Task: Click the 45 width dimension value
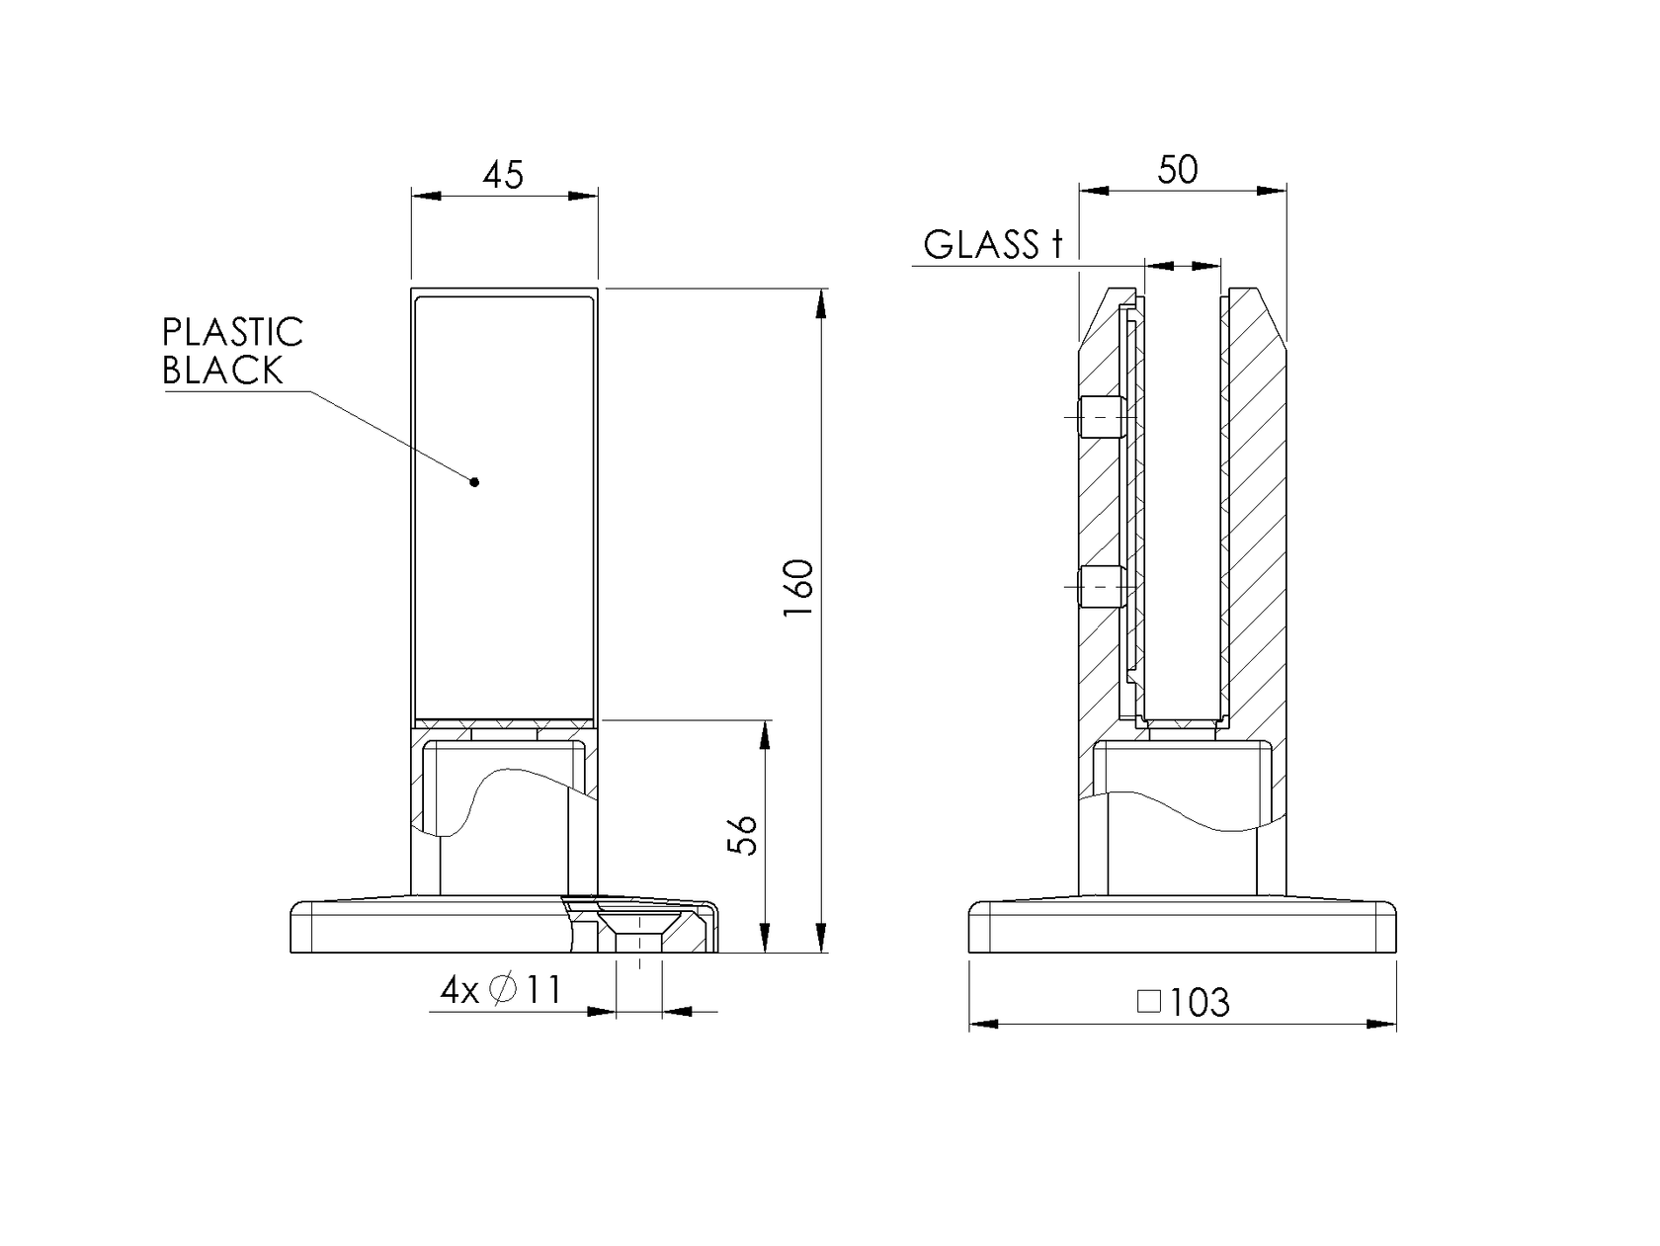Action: coord(503,175)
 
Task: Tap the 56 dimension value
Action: coord(742,835)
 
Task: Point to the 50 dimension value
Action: coord(1178,170)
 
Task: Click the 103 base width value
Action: coord(1200,1003)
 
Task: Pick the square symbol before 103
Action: coord(1148,1002)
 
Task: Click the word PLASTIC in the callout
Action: coord(232,333)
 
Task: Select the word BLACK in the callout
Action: coord(222,372)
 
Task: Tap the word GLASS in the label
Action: coord(980,245)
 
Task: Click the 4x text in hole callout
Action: coord(458,990)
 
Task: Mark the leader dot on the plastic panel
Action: coord(475,482)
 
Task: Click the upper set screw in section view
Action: coord(1102,417)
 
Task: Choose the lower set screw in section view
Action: coord(1102,586)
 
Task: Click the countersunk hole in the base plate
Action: coord(638,928)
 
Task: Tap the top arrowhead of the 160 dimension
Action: coord(821,302)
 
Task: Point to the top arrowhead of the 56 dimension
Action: coord(765,734)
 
